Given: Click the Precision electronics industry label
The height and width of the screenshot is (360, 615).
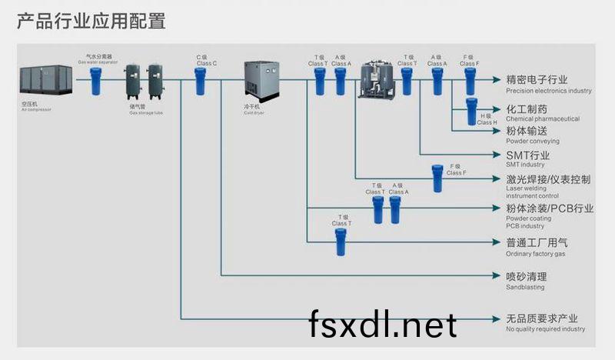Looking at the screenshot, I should [x=548, y=84].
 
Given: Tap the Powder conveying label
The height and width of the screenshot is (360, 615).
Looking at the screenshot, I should [x=532, y=135].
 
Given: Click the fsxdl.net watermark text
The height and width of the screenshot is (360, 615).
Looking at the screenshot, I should [x=383, y=326].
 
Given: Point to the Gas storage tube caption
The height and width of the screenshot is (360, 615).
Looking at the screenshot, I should [x=145, y=112].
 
